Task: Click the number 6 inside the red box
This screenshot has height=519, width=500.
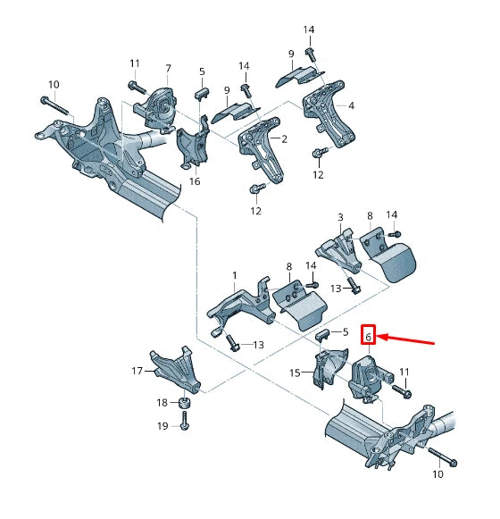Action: pyautogui.click(x=368, y=336)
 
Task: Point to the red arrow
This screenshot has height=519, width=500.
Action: pyautogui.click(x=406, y=339)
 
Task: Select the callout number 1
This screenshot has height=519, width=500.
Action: pyautogui.click(x=235, y=275)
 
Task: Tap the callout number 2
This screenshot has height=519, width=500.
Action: pyautogui.click(x=283, y=138)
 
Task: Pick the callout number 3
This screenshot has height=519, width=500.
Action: pyautogui.click(x=340, y=217)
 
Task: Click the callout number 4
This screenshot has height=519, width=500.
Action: pyautogui.click(x=351, y=106)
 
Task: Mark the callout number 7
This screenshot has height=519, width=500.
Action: pyautogui.click(x=167, y=69)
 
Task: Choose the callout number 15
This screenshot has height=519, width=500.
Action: pyautogui.click(x=295, y=372)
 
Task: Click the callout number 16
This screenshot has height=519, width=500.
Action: pyautogui.click(x=195, y=181)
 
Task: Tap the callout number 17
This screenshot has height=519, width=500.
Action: pyautogui.click(x=137, y=370)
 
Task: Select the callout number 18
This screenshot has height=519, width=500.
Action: pyautogui.click(x=162, y=404)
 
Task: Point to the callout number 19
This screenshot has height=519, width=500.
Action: pyautogui.click(x=162, y=427)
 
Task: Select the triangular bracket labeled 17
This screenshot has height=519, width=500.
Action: pyautogui.click(x=177, y=368)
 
